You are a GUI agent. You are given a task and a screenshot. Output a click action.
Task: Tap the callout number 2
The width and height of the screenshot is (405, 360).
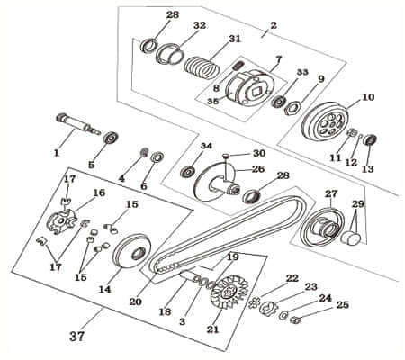pos(273,26)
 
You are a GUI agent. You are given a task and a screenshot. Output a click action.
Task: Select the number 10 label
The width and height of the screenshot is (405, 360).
pos(367,97)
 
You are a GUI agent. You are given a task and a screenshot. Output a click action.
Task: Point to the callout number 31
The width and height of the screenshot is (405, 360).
pos(235,39)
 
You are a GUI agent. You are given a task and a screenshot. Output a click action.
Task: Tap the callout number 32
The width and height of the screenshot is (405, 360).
pos(199,24)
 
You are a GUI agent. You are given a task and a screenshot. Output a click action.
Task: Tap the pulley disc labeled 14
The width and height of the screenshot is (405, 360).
pos(133,249)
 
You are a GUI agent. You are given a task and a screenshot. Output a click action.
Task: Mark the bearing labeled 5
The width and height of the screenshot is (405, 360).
pos(112,139)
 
